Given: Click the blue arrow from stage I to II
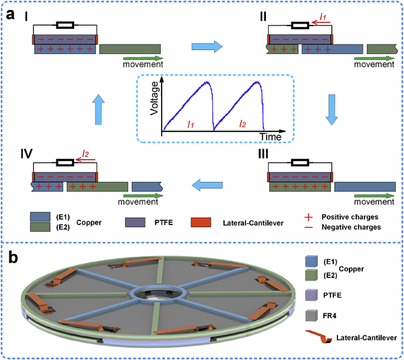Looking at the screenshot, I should (203, 47).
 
